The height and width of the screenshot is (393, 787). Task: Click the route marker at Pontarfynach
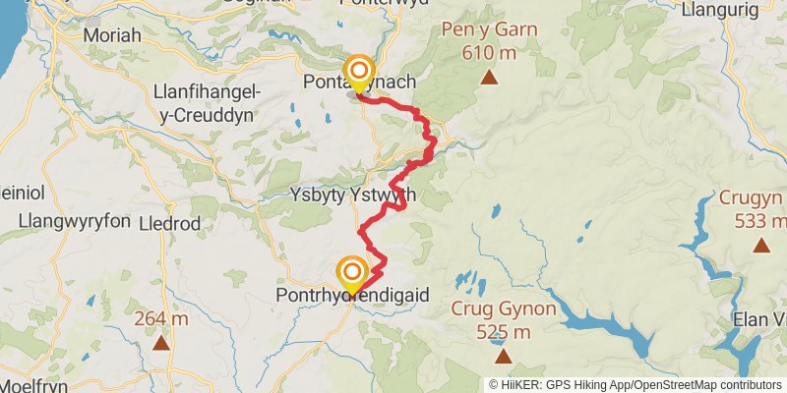360,72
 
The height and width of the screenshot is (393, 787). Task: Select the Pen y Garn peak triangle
489,75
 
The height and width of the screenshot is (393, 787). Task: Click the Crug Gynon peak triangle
504,356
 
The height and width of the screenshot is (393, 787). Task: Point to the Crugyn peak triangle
760,245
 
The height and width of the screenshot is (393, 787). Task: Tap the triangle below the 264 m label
161,343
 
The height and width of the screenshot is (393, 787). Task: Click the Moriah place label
113,35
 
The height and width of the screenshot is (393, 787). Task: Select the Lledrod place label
171,223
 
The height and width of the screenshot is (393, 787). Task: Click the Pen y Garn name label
491,28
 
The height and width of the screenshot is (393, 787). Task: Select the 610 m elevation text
489,51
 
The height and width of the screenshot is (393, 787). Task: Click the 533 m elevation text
760,220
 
